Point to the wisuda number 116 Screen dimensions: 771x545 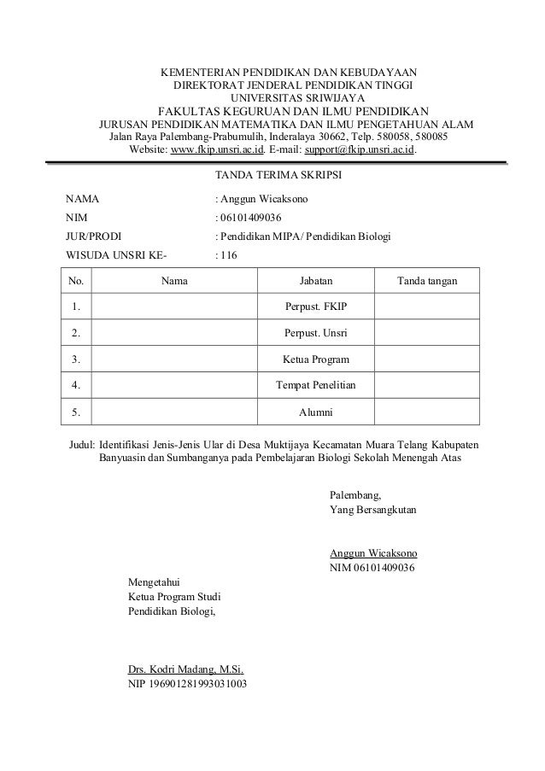tap(229, 255)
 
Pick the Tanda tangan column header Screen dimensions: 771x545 tap(427, 280)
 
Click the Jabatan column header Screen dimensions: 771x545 tap(315, 280)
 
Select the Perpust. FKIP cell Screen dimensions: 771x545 tap(315, 306)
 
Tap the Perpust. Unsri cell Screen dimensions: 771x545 tap(315, 332)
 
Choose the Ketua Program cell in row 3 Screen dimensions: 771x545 tap(315, 359)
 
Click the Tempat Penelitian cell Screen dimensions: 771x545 tap(315, 385)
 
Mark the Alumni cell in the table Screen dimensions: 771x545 tap(315, 412)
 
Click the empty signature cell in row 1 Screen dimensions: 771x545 tap(427, 306)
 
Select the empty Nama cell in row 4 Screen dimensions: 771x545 tap(174, 385)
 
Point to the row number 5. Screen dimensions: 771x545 tap(77, 412)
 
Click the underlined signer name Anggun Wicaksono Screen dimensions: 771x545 tap(373, 552)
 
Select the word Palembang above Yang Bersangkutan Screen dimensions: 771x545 tap(355, 494)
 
